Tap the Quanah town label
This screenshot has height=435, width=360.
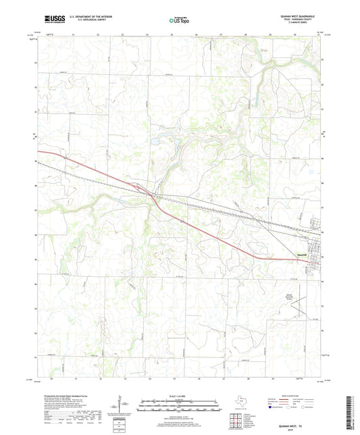click(x=303, y=254)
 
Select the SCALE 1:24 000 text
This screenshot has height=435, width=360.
click(x=180, y=396)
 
